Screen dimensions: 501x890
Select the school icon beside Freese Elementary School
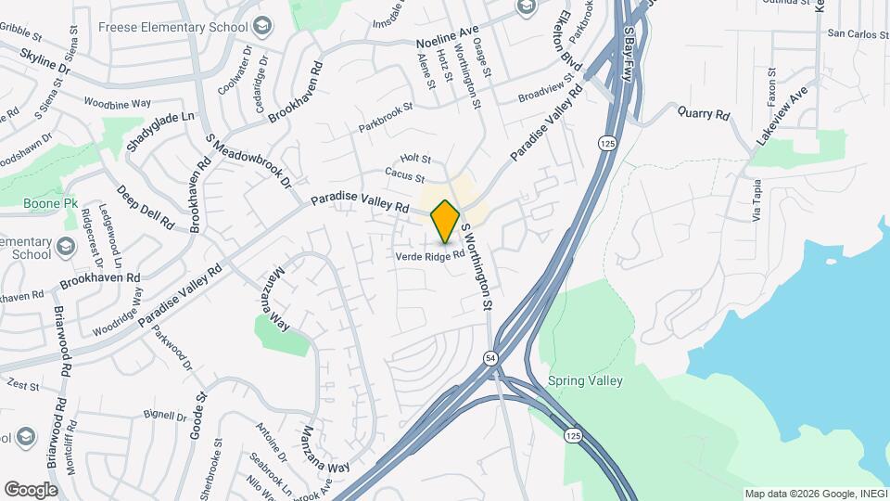[x=262, y=24]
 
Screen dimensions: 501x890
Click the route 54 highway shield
[x=489, y=357]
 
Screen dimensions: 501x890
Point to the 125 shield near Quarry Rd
[x=607, y=143]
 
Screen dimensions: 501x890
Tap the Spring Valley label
[x=585, y=380]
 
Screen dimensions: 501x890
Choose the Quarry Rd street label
[x=704, y=114]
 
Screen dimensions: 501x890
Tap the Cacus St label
[x=406, y=175]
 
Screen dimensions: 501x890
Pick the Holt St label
[x=415, y=160]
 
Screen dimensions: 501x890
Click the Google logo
[x=31, y=490]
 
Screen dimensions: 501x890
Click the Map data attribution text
[x=815, y=494]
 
